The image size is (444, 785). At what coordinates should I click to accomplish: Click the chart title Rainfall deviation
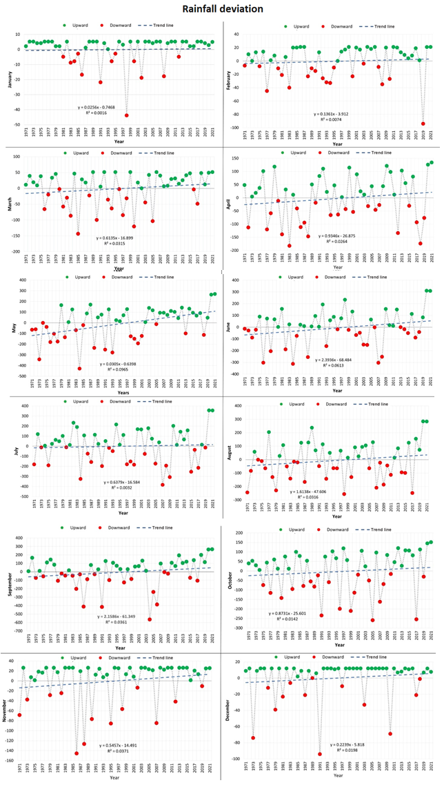click(222, 9)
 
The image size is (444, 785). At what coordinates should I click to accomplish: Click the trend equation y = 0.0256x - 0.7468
click(101, 108)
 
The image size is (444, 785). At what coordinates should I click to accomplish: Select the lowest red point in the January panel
click(126, 115)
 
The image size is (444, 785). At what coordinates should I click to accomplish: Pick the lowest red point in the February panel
click(423, 124)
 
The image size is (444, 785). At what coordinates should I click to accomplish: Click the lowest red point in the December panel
click(319, 754)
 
